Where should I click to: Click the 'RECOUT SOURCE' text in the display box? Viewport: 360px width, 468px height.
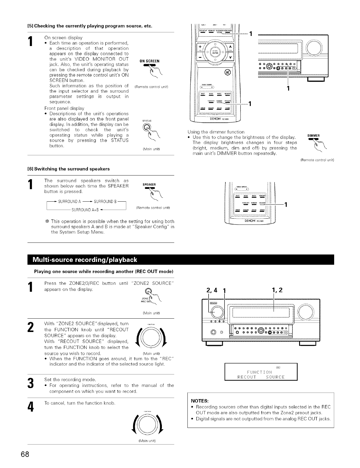point(261,377)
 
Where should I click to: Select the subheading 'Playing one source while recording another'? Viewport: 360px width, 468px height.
point(104,271)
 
